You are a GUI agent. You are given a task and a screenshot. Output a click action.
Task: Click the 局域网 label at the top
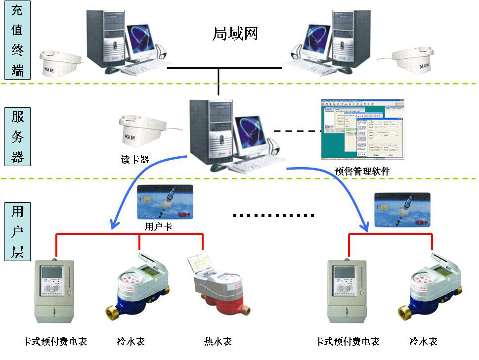[x=235, y=34]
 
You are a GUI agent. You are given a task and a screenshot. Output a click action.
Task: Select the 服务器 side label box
[x=17, y=137]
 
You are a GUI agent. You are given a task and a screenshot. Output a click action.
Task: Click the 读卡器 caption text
[x=135, y=159]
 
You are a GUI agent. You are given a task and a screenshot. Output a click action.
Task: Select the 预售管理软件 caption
[x=362, y=172]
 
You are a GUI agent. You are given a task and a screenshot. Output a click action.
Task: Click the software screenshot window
[x=362, y=130]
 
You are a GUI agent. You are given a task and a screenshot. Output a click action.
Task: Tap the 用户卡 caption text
[x=158, y=227]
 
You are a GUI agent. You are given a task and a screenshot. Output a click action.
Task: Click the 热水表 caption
[x=218, y=341]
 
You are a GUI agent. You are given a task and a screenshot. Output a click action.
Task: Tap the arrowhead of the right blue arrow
[x=365, y=227]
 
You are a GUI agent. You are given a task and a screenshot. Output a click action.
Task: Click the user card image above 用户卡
[x=165, y=202]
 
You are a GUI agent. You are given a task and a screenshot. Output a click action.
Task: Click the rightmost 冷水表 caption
[x=423, y=341]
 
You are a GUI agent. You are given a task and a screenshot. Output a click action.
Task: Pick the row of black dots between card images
[x=273, y=216]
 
